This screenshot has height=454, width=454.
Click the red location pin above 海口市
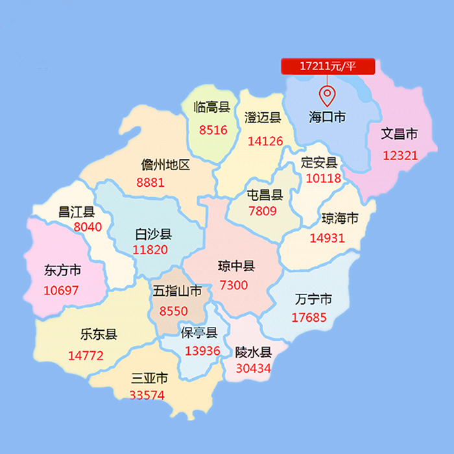coord(328,95)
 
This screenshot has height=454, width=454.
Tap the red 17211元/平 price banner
coord(328,66)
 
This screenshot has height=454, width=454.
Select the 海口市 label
coord(328,117)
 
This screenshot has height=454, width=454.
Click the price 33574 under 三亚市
coord(148,395)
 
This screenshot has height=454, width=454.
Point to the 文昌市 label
coord(399,134)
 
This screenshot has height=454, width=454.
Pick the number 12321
coord(400,156)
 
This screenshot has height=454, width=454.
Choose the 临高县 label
coord(212,108)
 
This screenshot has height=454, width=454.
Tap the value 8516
coord(213,130)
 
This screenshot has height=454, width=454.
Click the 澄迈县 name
coord(263,117)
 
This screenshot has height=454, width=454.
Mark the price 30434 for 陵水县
coord(254,368)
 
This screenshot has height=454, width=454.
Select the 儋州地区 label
coord(166,165)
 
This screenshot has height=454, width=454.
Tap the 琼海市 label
coord(340,218)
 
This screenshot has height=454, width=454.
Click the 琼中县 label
coord(236,266)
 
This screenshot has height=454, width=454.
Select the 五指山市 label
coord(178,291)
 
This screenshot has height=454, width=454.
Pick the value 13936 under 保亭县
coord(202,351)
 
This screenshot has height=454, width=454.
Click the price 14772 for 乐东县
coord(86,355)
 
